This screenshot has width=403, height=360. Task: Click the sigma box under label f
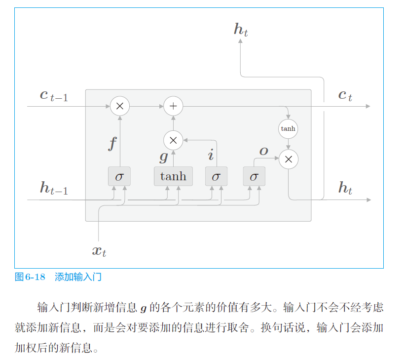tap(119, 176)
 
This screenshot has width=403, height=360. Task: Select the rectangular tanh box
tap(173, 176)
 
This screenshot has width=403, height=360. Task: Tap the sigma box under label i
tap(216, 176)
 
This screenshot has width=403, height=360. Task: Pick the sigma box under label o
tap(254, 176)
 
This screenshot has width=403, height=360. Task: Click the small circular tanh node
tap(288, 128)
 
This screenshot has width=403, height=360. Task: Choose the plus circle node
tap(173, 106)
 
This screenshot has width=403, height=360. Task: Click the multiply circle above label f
tap(119, 106)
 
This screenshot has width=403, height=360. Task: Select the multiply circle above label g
tap(173, 140)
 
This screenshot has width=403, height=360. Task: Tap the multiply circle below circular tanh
tap(289, 159)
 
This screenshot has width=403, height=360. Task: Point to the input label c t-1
tap(53, 95)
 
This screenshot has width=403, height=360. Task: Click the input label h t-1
tap(53, 188)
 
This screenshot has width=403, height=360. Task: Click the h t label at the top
tap(241, 30)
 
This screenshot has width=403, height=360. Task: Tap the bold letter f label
tap(113, 144)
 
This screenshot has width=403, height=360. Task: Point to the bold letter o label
tap(264, 151)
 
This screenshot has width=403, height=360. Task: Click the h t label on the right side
tap(345, 188)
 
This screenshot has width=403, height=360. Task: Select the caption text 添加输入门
tap(78, 277)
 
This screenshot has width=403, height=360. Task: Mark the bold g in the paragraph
tap(143, 309)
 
